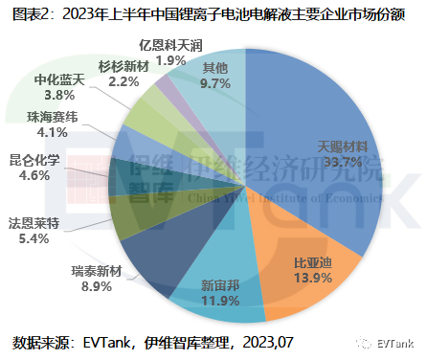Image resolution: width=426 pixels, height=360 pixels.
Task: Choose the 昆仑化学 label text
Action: click(x=35, y=160)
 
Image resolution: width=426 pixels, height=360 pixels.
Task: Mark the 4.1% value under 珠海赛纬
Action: click(x=41, y=134)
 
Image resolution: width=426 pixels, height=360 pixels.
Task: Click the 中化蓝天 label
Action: click(x=59, y=79)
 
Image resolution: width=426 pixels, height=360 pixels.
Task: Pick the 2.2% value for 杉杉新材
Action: click(x=124, y=82)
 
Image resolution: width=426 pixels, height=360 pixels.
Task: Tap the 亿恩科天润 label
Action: click(x=171, y=45)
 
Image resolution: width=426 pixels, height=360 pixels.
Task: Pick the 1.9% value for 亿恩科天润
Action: click(x=171, y=60)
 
